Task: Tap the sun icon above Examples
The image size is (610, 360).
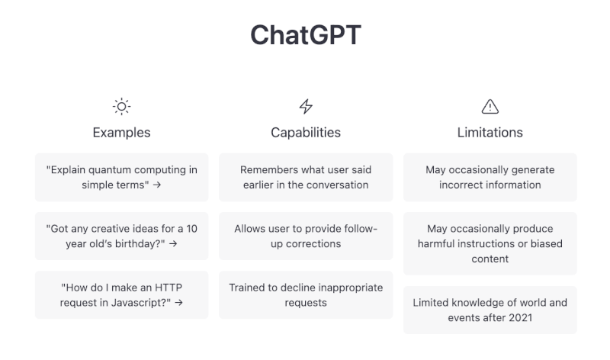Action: pos(121,106)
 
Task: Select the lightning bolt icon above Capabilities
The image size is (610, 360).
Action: pos(306,106)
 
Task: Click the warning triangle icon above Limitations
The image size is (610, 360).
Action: pos(490,106)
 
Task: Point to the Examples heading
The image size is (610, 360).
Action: pos(121,133)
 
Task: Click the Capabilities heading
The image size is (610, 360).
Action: pos(306,133)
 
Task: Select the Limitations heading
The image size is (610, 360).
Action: pos(490,133)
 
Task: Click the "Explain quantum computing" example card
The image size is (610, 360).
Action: pos(121,177)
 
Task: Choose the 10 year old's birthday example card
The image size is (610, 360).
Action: pos(121,236)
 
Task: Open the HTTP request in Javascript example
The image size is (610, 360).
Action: pos(121,294)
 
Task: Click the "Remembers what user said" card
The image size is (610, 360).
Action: pos(306,177)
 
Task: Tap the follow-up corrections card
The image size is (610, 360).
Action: pos(306,236)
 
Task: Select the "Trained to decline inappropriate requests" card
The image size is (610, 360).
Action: pos(306,294)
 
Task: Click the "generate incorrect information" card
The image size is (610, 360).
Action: pos(490,177)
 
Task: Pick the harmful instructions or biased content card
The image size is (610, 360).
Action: pos(490,243)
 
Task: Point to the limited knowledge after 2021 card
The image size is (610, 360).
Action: pos(490,310)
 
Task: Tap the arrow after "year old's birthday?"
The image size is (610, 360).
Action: pos(173,244)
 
